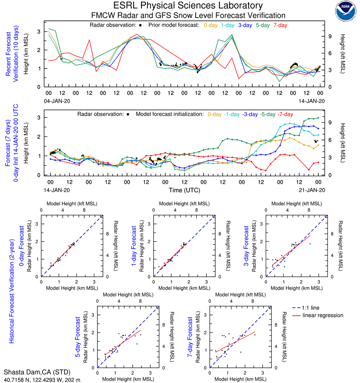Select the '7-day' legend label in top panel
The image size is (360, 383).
click(x=280, y=25)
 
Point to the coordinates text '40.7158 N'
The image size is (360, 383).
click(x=16, y=379)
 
